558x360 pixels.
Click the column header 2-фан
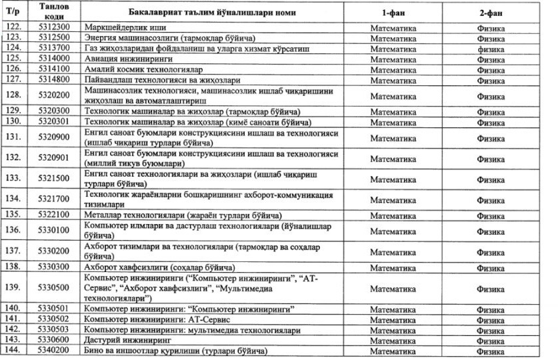(490, 13)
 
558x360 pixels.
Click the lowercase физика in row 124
(490, 49)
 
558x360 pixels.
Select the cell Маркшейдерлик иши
(126, 29)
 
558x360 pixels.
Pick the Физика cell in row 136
(490, 230)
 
